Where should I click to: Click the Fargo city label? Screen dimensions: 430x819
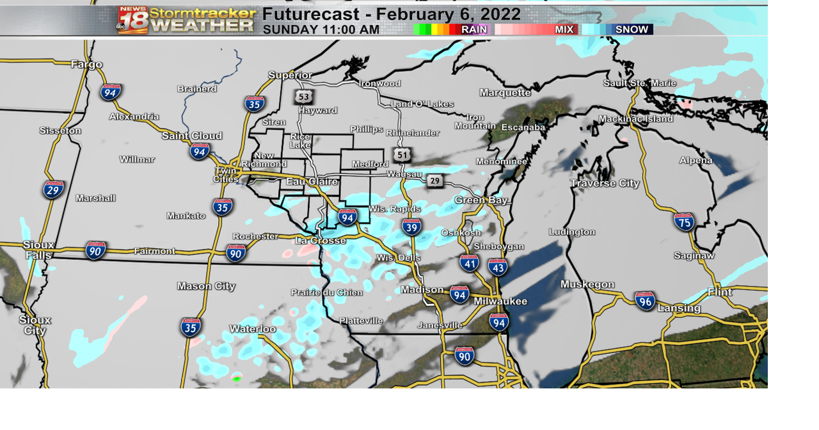[86, 64]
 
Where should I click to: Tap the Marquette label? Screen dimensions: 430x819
[505, 93]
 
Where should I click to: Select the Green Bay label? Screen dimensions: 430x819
[481, 200]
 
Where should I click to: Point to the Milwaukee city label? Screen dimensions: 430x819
[500, 301]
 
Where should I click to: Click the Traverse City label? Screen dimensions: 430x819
[605, 184]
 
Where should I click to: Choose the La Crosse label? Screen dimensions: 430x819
[320, 241]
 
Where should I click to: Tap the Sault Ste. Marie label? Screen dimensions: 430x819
[640, 83]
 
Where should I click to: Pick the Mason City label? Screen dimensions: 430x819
[206, 286]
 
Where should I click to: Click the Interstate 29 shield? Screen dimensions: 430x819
[53, 189]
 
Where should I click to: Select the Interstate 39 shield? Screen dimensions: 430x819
[411, 227]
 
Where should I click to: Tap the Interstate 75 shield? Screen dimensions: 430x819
[684, 222]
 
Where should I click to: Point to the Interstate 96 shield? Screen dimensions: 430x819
[645, 301]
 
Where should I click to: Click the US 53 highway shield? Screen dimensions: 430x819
[303, 97]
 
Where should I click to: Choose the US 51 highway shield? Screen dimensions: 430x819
[402, 154]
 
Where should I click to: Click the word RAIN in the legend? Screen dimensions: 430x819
[474, 29]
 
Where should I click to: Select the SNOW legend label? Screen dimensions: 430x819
[632, 29]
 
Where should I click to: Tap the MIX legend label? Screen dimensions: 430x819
[564, 29]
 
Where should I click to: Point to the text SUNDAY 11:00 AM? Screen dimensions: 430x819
[321, 29]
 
